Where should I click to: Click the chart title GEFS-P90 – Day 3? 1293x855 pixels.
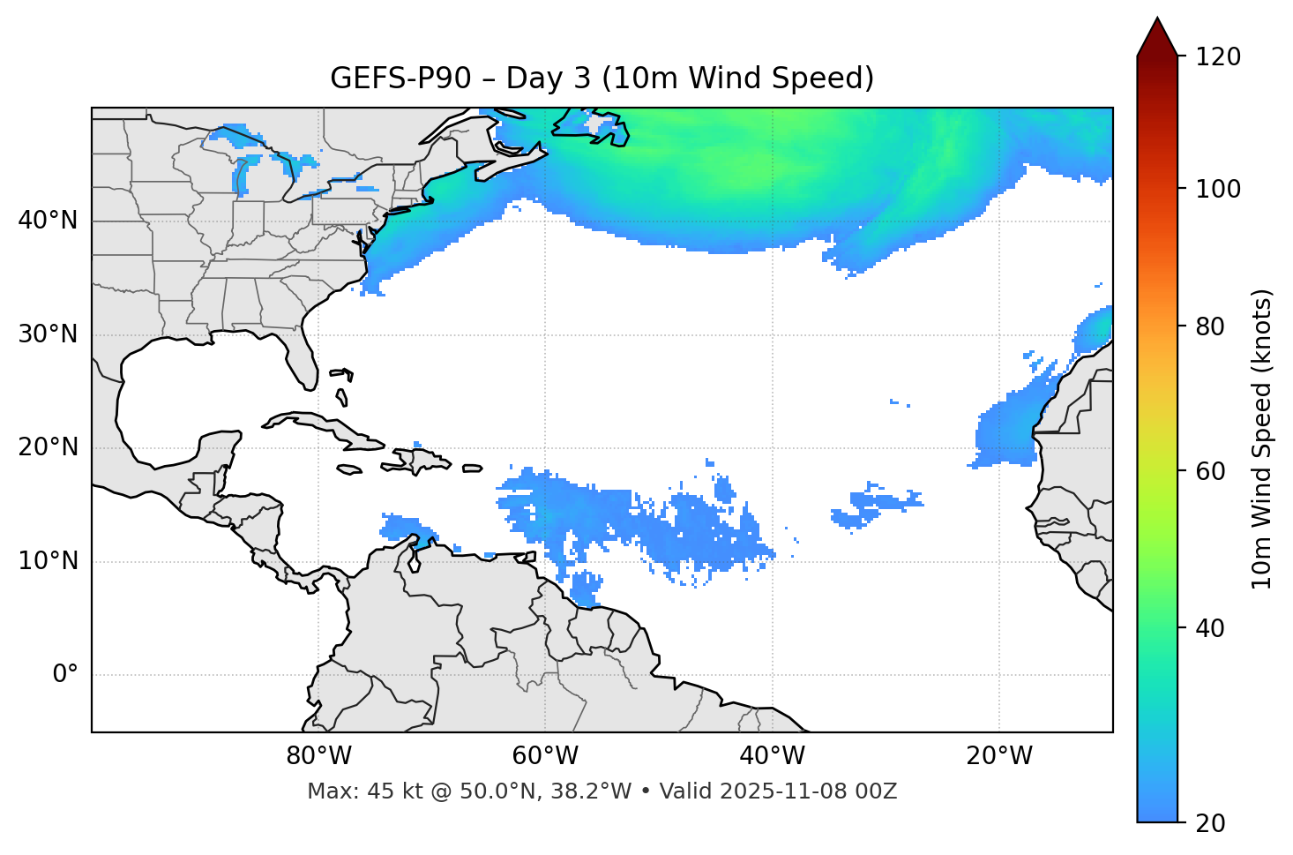(602, 79)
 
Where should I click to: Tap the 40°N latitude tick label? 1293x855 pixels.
(48, 221)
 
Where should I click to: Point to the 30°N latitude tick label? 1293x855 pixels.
(48, 334)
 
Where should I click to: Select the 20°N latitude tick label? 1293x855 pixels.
(48, 447)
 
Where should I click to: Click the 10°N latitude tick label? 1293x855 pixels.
(48, 561)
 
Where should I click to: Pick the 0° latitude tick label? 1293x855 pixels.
(65, 675)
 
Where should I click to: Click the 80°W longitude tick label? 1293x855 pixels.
(318, 756)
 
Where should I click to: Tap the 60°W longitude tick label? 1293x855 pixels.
(545, 756)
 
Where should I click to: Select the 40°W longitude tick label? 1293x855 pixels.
(773, 756)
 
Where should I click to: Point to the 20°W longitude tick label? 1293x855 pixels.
(999, 756)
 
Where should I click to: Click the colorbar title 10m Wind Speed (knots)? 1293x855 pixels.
(1263, 439)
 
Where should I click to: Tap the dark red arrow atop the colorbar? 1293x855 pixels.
(1157, 38)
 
